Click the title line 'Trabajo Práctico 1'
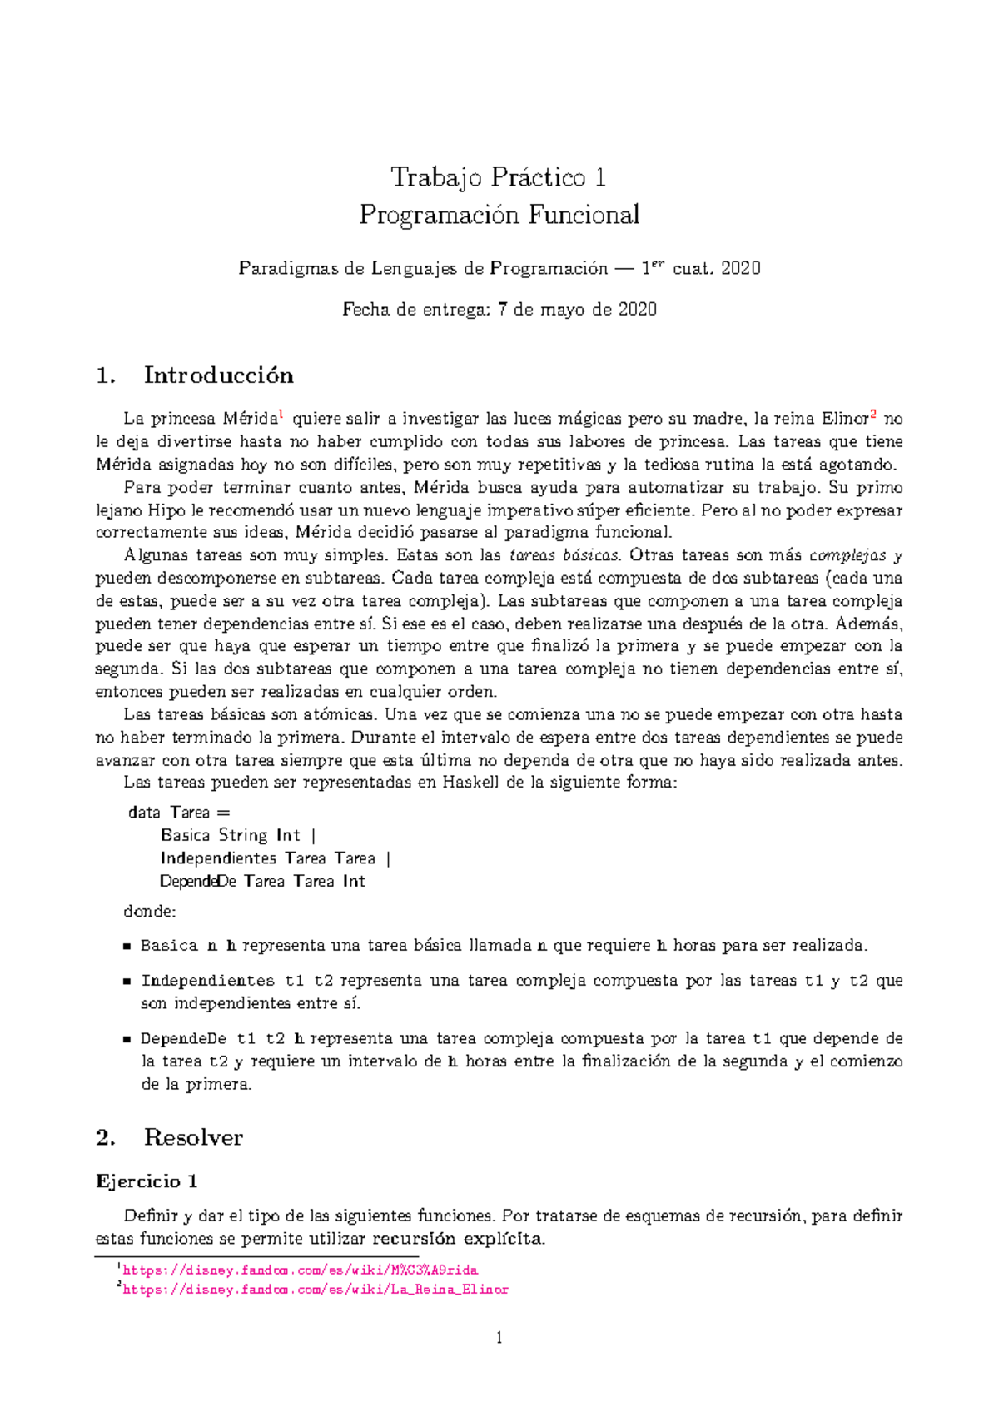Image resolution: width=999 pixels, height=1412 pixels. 499,177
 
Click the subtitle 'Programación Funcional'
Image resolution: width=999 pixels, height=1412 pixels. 499,215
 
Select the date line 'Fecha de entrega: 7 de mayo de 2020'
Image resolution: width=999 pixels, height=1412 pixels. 499,310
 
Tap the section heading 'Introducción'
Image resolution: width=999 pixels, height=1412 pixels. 218,375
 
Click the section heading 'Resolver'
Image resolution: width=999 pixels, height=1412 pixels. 193,1137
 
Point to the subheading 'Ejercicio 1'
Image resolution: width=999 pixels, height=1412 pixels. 147,1181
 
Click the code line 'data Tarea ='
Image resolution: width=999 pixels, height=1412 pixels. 179,813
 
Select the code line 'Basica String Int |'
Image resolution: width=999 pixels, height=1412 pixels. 238,835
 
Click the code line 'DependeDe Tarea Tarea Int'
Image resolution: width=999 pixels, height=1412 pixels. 262,881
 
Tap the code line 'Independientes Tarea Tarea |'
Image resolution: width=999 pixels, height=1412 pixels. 275,858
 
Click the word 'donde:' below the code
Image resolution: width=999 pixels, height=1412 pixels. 150,912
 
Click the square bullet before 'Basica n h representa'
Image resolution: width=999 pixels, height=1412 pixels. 127,947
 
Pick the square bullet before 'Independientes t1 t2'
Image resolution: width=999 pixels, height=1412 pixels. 127,982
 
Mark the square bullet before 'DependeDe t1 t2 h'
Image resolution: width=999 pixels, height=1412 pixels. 127,1039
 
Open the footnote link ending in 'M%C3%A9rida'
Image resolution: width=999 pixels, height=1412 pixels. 300,1270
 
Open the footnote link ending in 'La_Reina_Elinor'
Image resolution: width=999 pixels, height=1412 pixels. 315,1290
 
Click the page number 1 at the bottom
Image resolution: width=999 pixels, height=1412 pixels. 499,1338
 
